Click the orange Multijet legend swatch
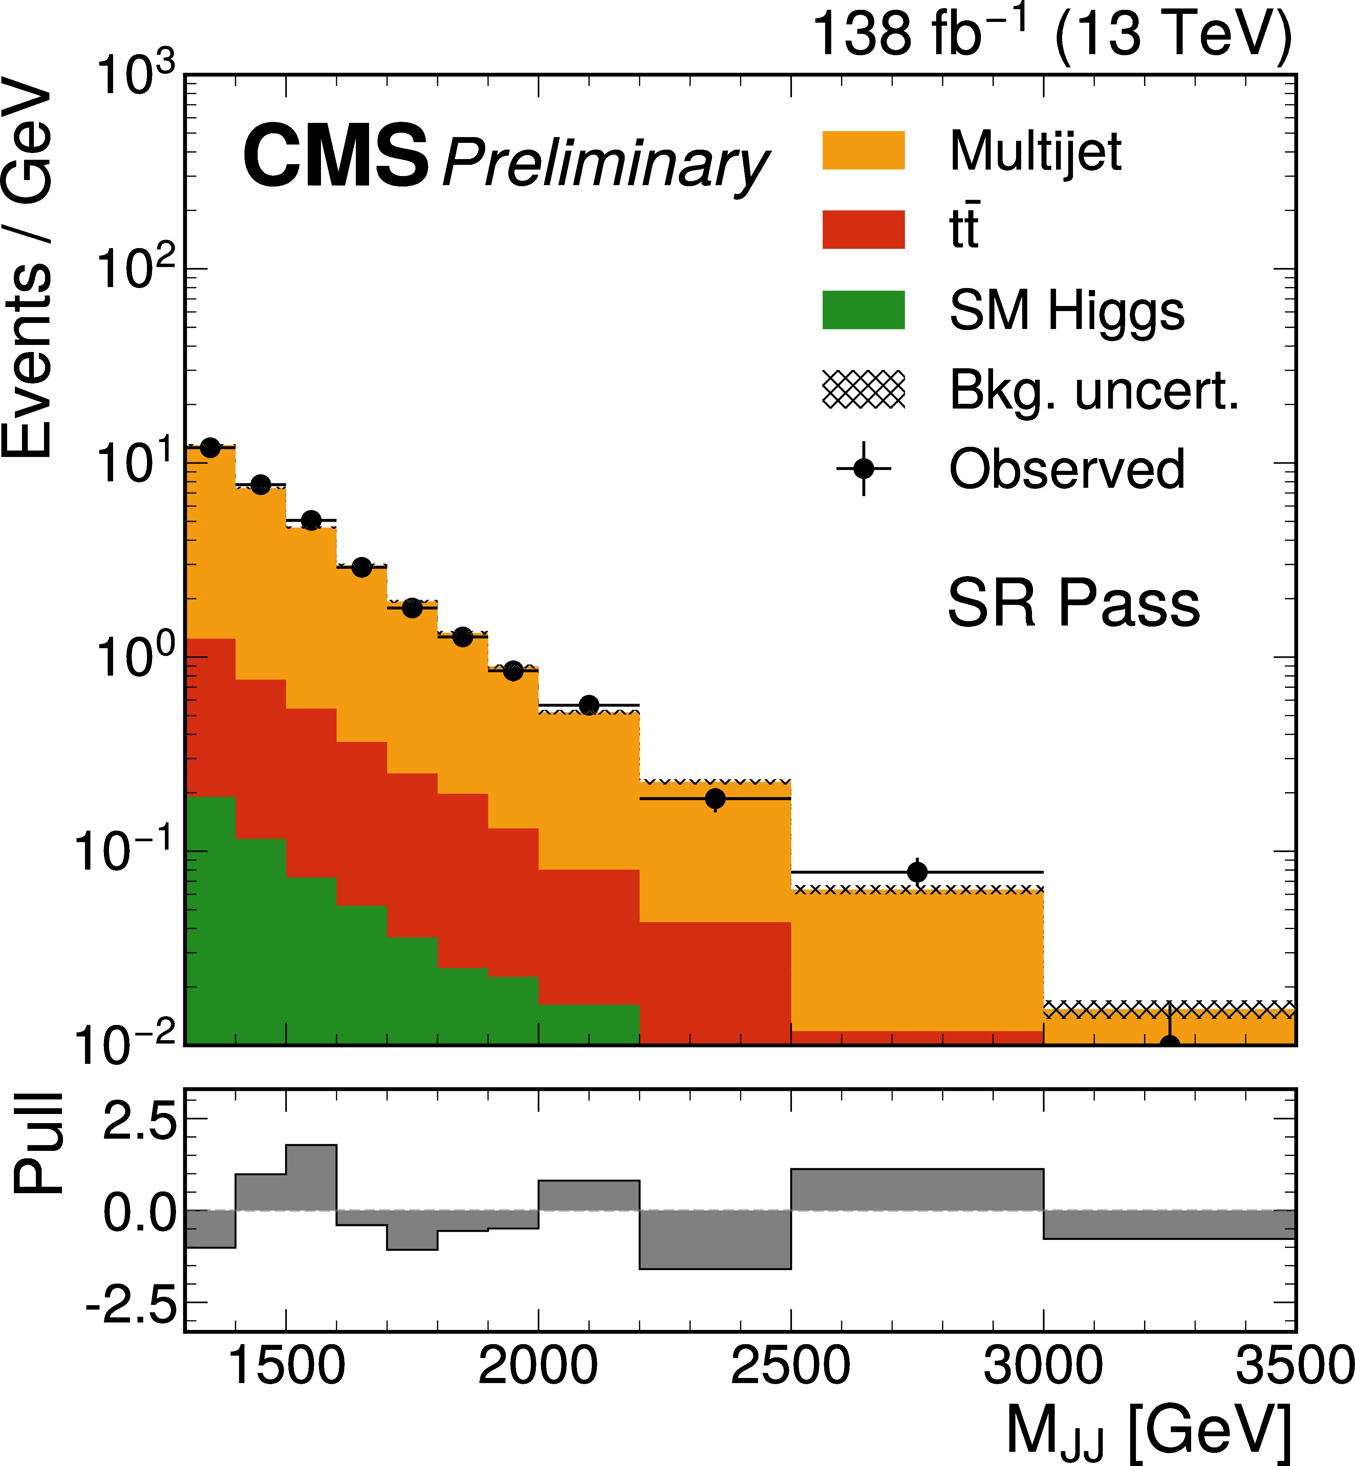(x=863, y=150)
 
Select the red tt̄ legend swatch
(x=863, y=229)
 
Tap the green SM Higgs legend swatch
(x=863, y=309)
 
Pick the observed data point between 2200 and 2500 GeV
(x=715, y=798)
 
